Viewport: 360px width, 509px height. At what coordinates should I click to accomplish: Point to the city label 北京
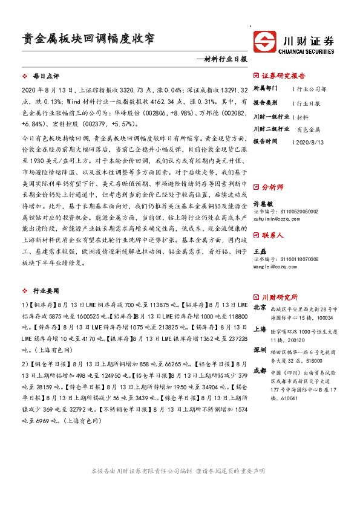[260, 308]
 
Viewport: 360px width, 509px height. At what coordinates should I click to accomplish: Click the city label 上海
[260, 329]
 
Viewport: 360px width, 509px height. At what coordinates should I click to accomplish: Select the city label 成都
[260, 370]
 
